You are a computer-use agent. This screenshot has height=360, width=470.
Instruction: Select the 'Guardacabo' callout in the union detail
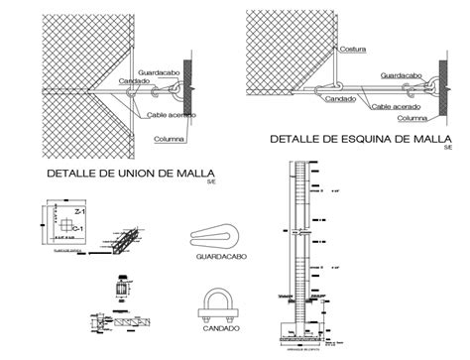click(160, 70)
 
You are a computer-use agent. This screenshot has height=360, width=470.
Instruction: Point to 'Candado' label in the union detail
click(134, 80)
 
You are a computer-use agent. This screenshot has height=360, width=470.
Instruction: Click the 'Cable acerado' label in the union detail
click(172, 115)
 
